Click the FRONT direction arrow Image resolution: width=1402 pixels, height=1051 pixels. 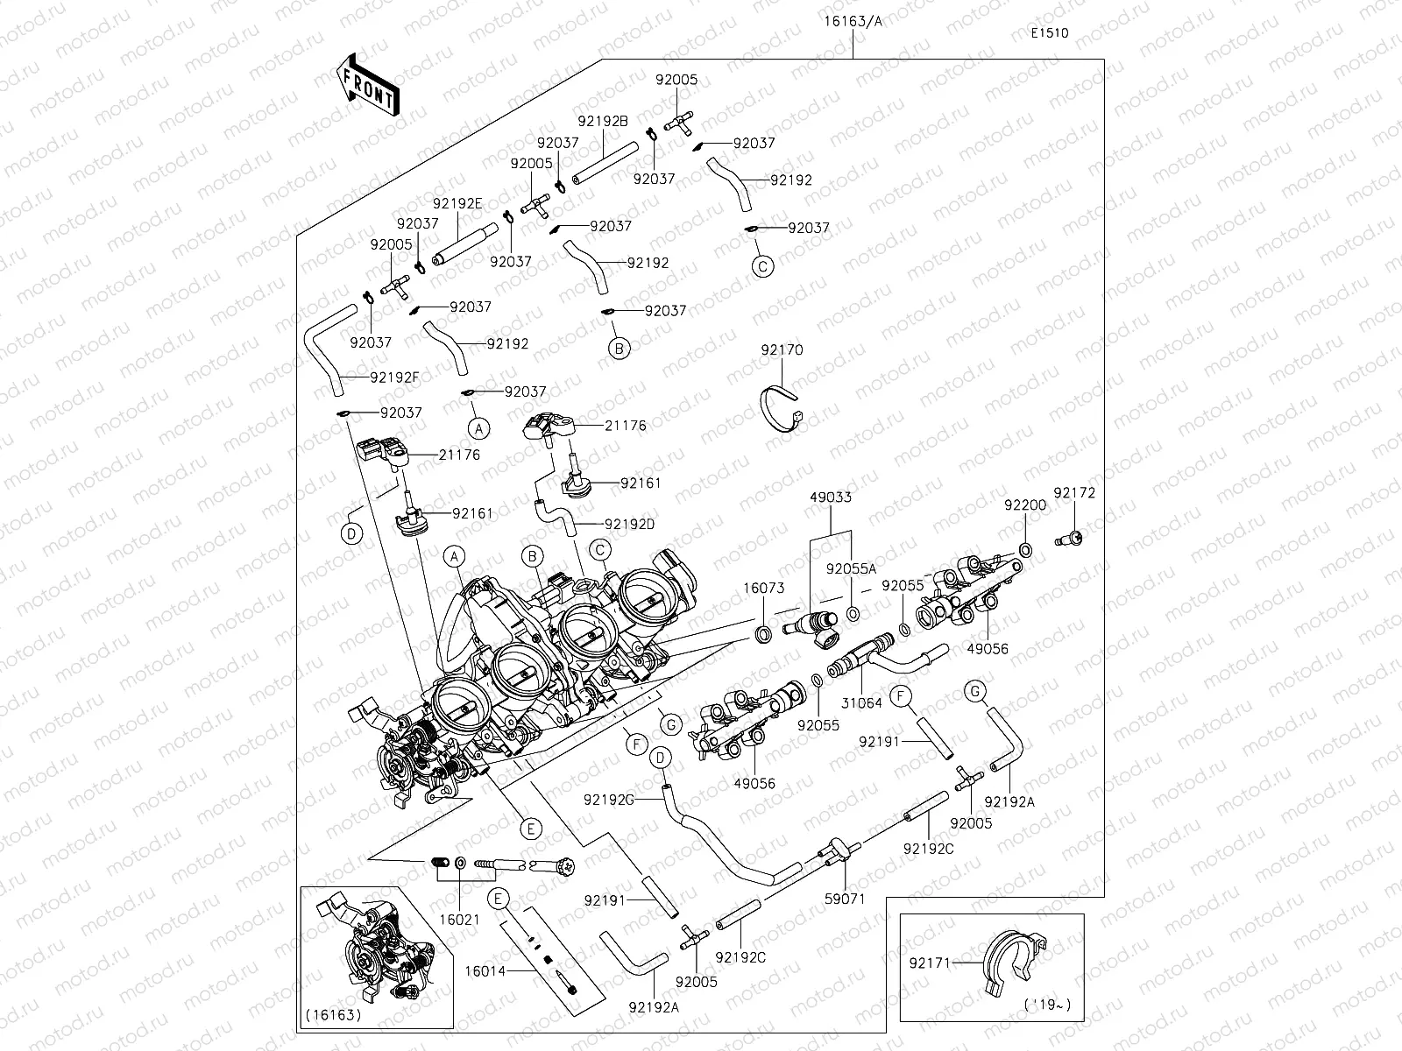point(366,85)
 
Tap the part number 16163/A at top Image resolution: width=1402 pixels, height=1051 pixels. point(853,21)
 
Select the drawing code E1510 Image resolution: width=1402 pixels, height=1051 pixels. point(1050,33)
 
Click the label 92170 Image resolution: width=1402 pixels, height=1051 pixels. point(782,350)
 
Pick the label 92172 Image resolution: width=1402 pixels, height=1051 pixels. point(1074,493)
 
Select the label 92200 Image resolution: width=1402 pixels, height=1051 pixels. point(1025,505)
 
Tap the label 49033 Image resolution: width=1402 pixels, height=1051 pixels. point(831,497)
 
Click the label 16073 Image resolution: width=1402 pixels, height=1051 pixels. point(763,589)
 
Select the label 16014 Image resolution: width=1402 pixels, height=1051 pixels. point(485,970)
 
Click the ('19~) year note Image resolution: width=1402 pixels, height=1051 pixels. point(1047,1005)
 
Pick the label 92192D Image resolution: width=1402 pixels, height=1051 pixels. point(629,525)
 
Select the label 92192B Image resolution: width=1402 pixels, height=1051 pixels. point(603,122)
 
